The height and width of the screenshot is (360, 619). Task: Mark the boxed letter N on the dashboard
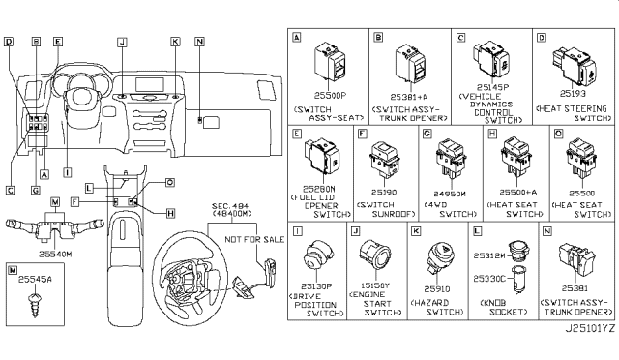(x=198, y=42)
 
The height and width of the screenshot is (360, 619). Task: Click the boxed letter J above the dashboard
(x=122, y=42)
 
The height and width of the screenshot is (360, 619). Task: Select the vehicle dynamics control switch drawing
(x=492, y=53)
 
